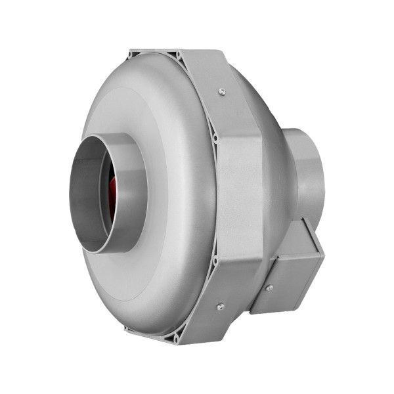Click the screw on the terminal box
click(269, 287)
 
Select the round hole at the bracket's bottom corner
click(177, 339)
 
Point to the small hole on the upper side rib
click(214, 139)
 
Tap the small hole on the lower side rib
click(215, 261)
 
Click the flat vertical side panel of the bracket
click(240, 197)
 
